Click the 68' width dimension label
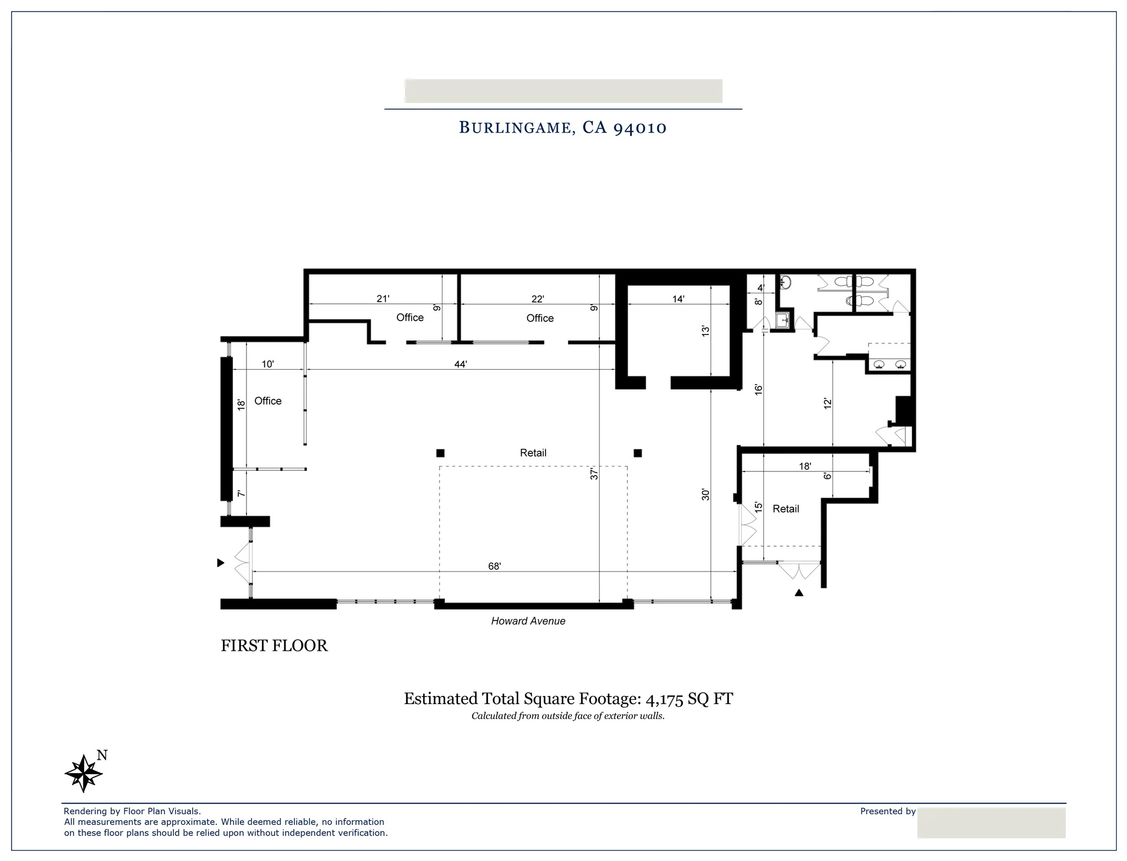point(494,566)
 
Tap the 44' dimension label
point(461,364)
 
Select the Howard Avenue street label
point(528,621)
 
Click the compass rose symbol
point(84,773)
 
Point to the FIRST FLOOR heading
point(274,645)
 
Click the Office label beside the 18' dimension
point(267,401)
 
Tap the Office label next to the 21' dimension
point(410,317)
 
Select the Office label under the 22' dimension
point(540,318)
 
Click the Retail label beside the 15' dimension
point(785,509)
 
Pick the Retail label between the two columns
point(533,453)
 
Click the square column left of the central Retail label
point(440,453)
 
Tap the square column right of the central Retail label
point(637,453)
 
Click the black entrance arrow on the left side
point(221,563)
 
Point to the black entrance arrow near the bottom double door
point(799,593)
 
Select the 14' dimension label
point(678,299)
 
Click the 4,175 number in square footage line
point(664,699)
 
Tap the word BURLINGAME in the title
point(515,128)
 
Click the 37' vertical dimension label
point(594,474)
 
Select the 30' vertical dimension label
point(705,495)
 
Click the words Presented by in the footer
point(888,811)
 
